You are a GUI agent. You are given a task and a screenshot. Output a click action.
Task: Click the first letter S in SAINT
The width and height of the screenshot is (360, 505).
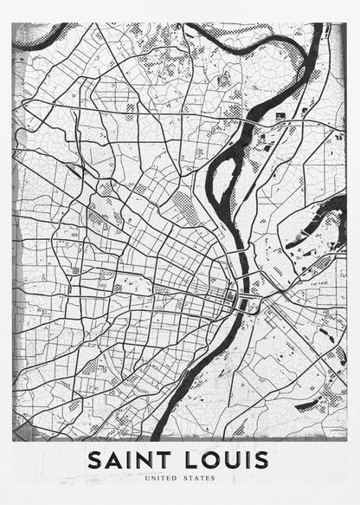(95, 458)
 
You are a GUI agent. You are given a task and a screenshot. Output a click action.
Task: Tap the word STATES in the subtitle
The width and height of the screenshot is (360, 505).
(200, 477)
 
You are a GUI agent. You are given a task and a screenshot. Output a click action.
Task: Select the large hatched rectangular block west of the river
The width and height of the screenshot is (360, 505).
(184, 209)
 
